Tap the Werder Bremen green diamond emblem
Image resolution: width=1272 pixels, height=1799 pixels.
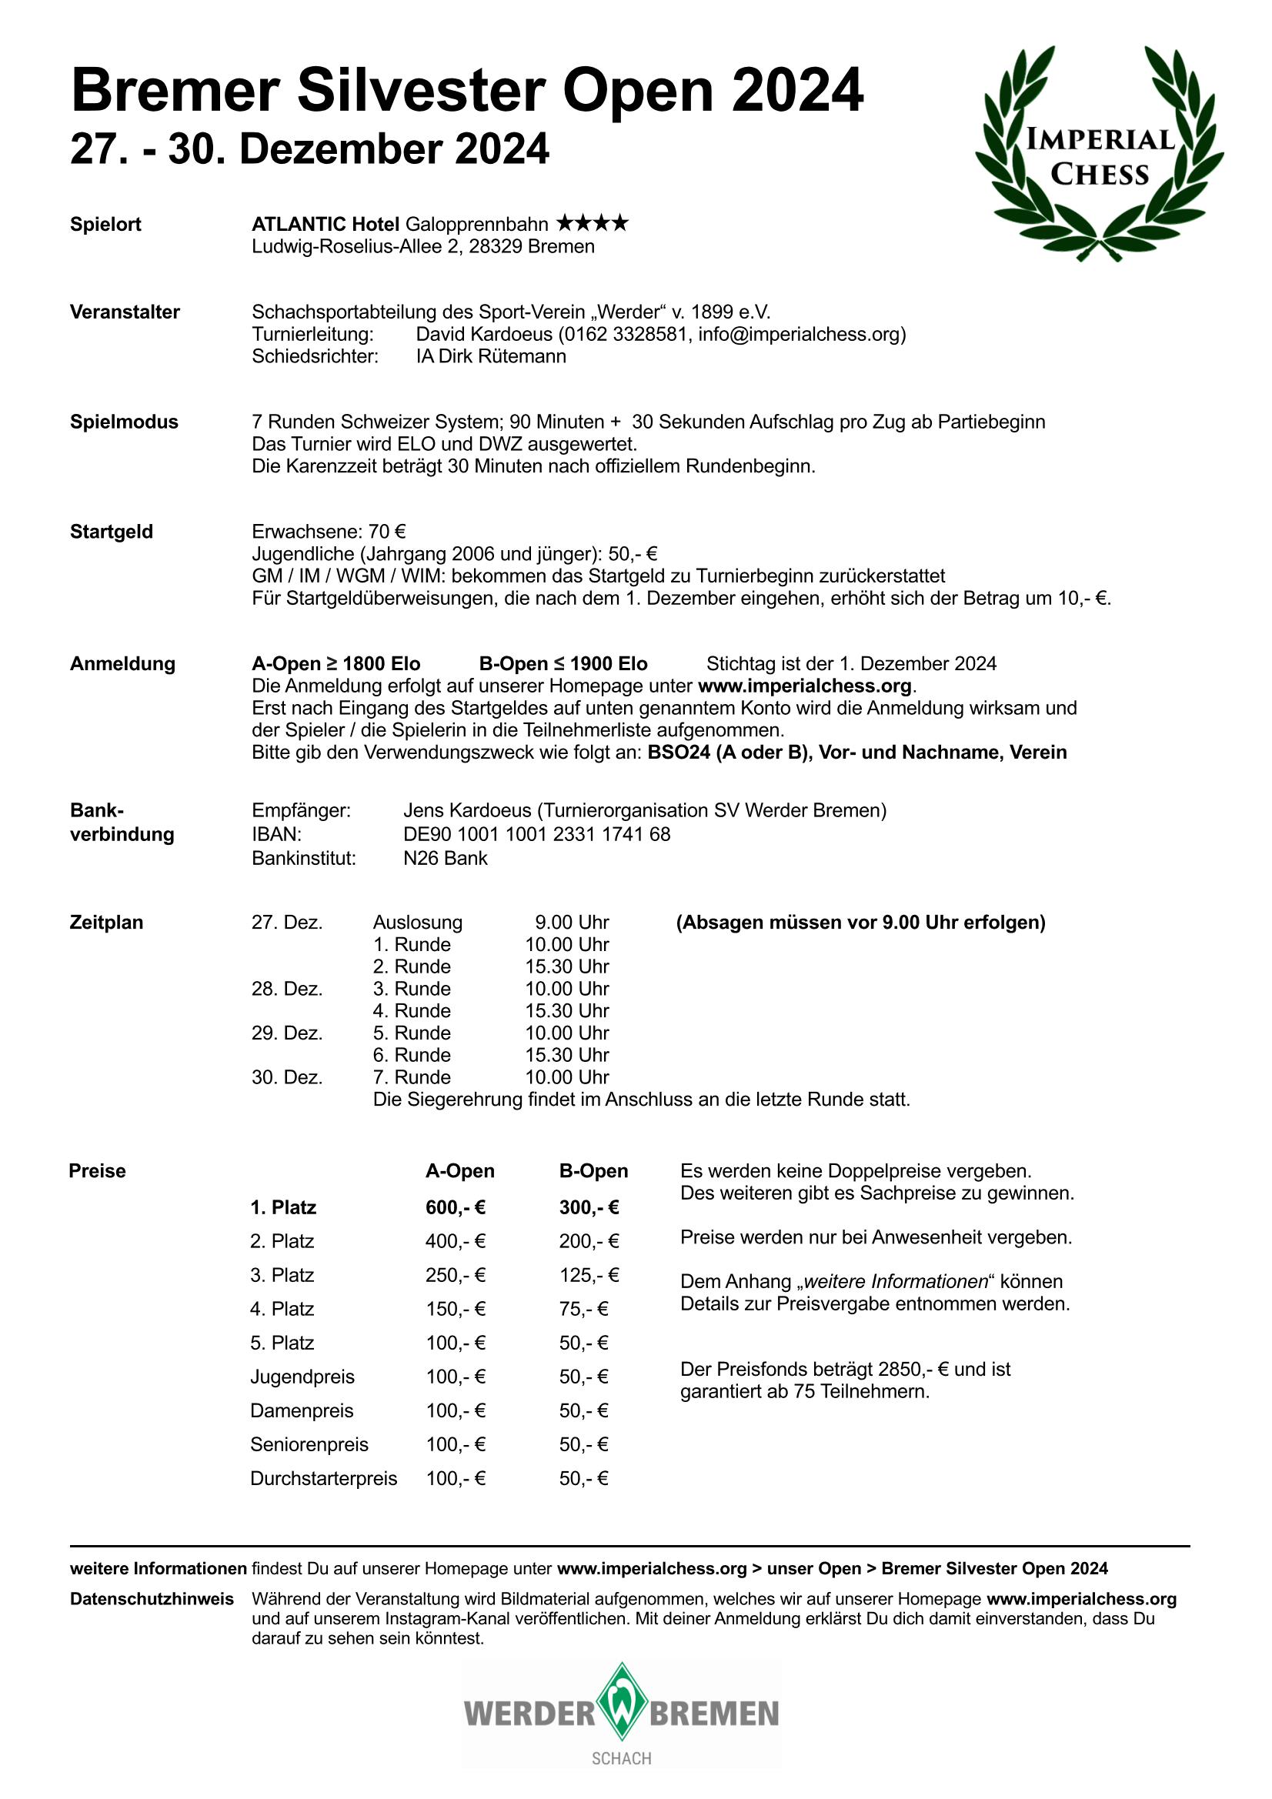622,1713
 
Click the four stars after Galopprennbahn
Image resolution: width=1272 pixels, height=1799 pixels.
592,224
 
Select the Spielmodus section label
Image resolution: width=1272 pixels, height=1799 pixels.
124,422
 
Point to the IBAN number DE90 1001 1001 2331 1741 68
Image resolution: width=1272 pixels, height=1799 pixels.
536,833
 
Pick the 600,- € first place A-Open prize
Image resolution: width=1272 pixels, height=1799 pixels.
456,1207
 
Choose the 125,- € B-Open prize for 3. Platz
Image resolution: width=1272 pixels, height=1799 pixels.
589,1275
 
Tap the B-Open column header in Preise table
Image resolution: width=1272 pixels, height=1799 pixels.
593,1170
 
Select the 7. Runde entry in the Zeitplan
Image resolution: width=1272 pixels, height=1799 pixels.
412,1076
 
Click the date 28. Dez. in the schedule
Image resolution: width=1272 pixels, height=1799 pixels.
287,988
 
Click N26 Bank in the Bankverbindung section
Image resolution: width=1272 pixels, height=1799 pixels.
445,858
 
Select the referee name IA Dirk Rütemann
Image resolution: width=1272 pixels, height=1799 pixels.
491,355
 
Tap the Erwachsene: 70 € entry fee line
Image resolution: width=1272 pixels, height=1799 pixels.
329,531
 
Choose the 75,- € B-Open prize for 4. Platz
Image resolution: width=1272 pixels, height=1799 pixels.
584,1309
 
